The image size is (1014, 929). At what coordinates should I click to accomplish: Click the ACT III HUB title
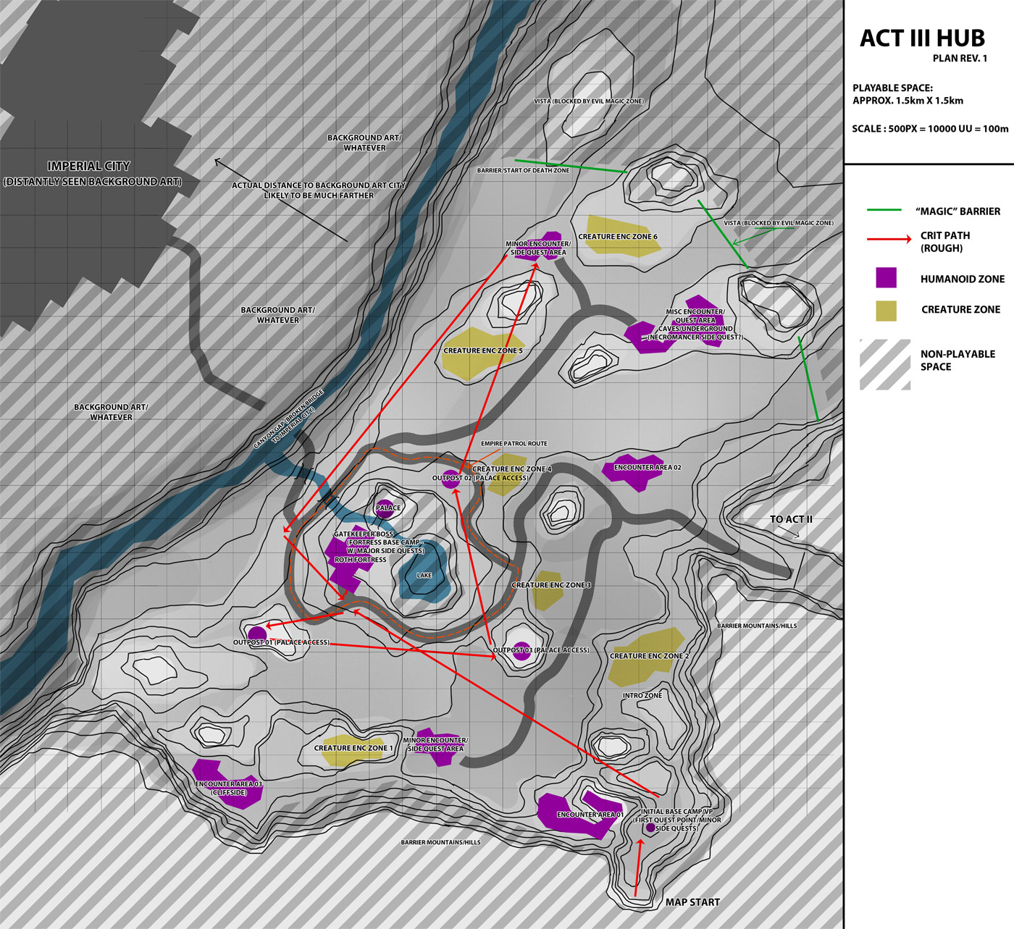click(x=922, y=38)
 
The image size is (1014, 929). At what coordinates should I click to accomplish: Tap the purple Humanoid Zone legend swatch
click(x=886, y=278)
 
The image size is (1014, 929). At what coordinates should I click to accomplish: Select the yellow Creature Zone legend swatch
click(x=886, y=311)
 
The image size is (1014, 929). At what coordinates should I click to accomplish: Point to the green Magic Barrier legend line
click(x=884, y=210)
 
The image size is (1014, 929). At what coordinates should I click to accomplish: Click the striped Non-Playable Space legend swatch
click(x=885, y=364)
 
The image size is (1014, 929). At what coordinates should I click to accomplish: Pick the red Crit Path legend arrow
click(x=889, y=238)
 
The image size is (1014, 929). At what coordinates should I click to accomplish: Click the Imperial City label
click(x=88, y=167)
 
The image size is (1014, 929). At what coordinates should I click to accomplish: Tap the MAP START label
click(x=692, y=902)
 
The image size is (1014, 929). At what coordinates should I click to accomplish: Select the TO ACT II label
click(x=791, y=519)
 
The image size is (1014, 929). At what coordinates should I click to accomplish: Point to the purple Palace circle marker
click(x=385, y=507)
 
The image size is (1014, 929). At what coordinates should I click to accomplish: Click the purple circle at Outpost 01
click(x=257, y=634)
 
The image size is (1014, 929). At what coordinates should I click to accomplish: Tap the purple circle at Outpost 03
click(x=521, y=648)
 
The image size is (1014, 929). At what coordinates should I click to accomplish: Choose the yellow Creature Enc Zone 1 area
click(x=351, y=750)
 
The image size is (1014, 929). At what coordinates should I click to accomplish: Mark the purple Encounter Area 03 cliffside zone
click(x=226, y=782)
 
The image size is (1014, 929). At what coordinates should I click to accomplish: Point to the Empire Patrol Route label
click(x=514, y=443)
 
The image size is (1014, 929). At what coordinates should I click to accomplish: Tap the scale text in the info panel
click(x=930, y=129)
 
